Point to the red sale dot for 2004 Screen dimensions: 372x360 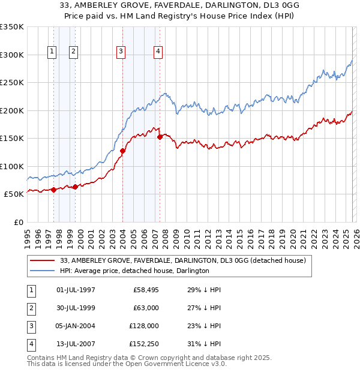122,151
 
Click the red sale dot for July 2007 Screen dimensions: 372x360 160,137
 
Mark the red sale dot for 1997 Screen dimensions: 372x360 53,190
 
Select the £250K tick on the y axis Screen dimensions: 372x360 12,83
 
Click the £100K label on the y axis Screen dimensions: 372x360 12,166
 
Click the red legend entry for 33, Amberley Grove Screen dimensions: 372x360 183,260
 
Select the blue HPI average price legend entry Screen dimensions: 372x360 134,271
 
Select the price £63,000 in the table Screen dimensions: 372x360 146,308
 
